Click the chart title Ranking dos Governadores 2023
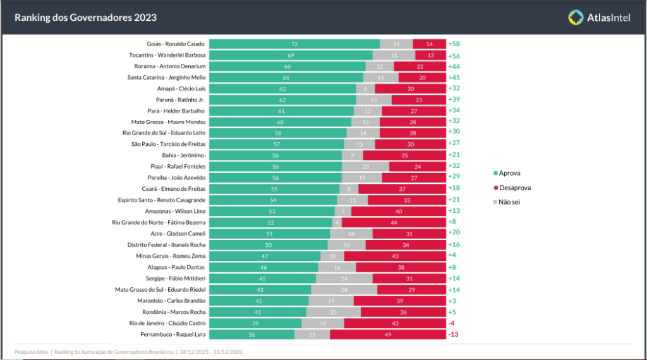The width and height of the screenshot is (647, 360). point(85,18)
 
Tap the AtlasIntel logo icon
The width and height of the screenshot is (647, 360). point(576,18)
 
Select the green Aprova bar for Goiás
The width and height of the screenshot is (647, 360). point(294,44)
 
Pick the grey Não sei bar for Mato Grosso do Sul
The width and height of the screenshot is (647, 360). point(344,289)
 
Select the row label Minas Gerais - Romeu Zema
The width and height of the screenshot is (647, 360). point(172,256)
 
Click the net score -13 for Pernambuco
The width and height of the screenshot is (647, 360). point(453,334)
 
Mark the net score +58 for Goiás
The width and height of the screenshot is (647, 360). point(454,44)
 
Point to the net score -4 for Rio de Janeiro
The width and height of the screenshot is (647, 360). point(451,323)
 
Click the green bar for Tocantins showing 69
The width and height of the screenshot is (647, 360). point(291,56)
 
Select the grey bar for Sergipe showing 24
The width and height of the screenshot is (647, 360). point(344,278)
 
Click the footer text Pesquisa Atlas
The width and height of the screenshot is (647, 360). point(32,352)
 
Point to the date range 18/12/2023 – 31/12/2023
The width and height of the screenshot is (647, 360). point(211,352)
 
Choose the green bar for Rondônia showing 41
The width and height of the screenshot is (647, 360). point(258,312)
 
